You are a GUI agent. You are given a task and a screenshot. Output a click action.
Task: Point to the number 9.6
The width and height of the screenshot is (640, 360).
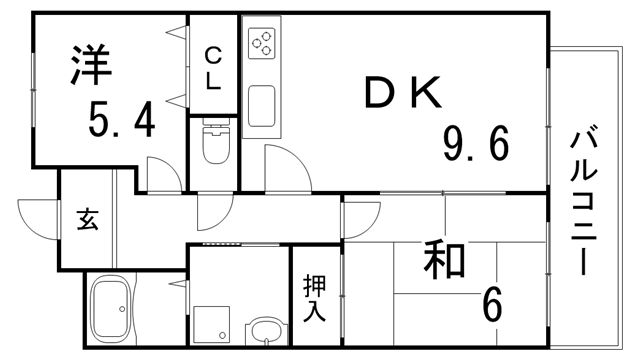(477, 145)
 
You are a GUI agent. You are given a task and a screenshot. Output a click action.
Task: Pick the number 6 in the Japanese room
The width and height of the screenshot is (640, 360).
(492, 304)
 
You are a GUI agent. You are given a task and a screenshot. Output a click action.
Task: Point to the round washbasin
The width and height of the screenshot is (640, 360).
(264, 330)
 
